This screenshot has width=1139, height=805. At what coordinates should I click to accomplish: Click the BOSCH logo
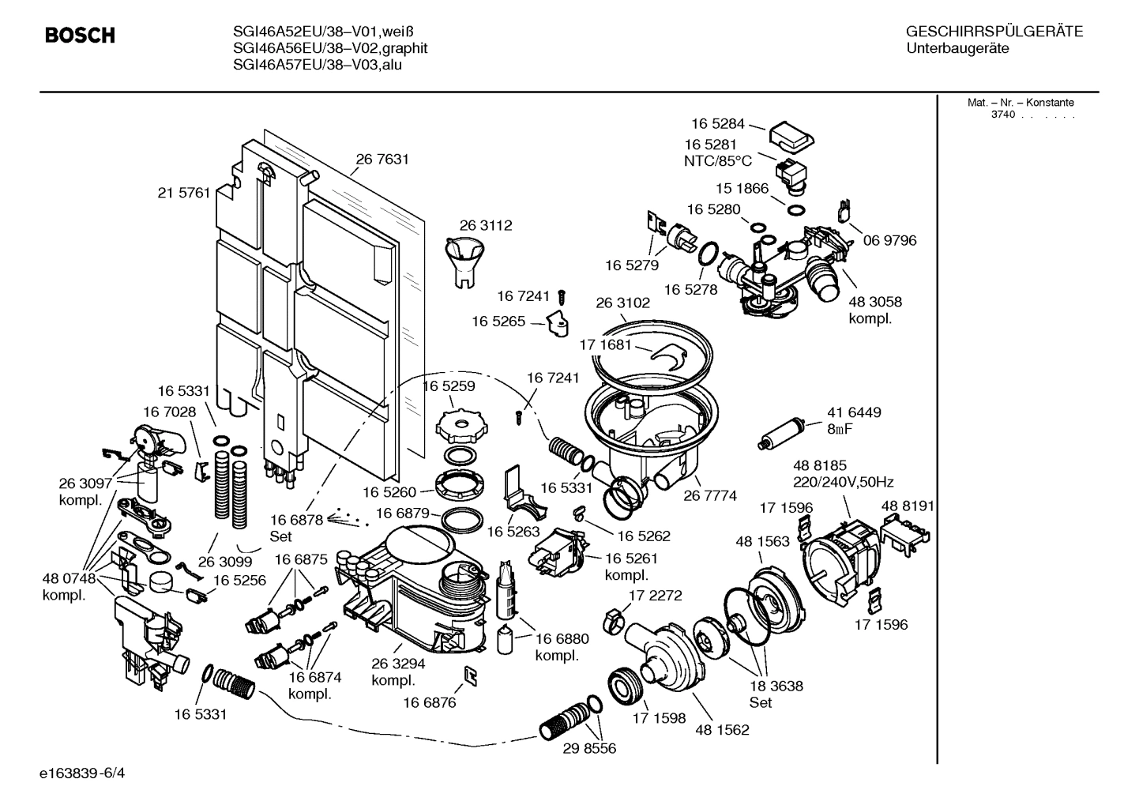click(x=80, y=36)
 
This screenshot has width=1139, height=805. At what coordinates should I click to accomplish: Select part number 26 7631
click(x=382, y=160)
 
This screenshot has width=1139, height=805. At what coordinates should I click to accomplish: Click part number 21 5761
click(x=184, y=192)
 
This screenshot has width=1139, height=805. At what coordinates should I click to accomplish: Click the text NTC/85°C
click(x=718, y=161)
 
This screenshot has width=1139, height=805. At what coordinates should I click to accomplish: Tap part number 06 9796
click(x=889, y=240)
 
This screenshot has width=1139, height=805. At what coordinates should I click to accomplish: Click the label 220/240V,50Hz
click(x=843, y=482)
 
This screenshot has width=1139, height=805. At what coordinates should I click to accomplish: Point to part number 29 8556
click(x=589, y=747)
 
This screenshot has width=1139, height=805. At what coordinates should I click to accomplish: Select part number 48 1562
click(x=722, y=730)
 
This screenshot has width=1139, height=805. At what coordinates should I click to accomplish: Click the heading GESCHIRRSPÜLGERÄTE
click(x=994, y=32)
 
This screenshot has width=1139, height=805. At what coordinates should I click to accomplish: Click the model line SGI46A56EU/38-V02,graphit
click(x=330, y=48)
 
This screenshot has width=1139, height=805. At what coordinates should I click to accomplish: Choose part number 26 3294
click(x=398, y=664)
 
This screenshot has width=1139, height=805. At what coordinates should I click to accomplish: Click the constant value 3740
click(x=1002, y=115)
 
